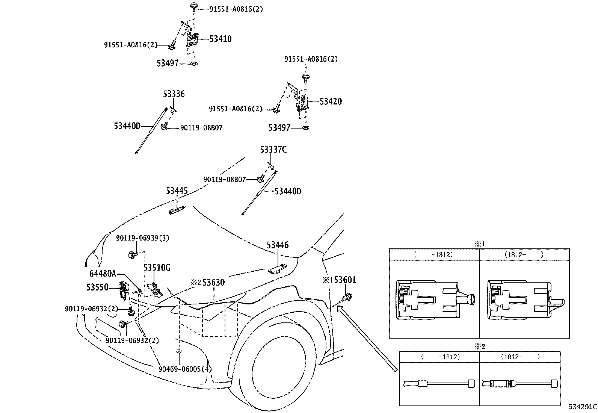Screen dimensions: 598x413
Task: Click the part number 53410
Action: [220, 39]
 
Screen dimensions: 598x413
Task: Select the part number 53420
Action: [331, 101]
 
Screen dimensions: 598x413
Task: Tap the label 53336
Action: [174, 94]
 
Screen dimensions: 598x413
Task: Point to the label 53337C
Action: [273, 150]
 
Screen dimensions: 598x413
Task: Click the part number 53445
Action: [177, 191]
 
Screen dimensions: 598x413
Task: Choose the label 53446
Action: [278, 245]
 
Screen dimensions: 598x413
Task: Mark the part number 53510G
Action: [157, 268]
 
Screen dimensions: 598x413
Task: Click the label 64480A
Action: [103, 274]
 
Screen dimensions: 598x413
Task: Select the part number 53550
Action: [97, 287]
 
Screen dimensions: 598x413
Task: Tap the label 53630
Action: [214, 283]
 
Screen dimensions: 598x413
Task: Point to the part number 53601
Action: [345, 280]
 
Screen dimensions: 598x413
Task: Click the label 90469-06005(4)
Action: [185, 369]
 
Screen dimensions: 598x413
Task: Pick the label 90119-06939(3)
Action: [143, 238]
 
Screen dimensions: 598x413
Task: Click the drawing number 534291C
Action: [583, 407]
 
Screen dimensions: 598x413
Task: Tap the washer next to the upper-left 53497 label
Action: [194, 64]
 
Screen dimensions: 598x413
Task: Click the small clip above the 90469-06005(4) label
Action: [179, 351]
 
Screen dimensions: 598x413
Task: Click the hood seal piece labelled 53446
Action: [277, 268]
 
